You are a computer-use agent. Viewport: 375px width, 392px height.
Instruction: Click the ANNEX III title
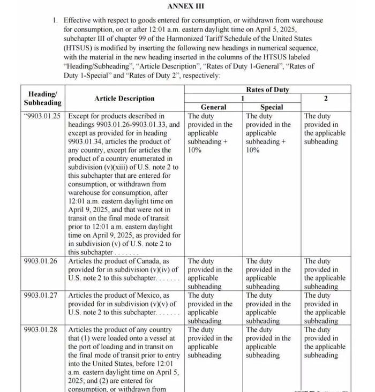click(186, 6)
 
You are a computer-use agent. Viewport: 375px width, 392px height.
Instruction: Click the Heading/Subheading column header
click(42, 98)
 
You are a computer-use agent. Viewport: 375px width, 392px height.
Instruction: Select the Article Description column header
click(124, 99)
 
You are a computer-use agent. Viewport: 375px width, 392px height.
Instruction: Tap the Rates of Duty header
click(267, 90)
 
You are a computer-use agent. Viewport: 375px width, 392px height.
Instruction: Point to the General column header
click(213, 107)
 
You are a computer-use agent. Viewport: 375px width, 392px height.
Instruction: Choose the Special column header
click(272, 107)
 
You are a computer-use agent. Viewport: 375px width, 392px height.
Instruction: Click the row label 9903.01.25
click(42, 116)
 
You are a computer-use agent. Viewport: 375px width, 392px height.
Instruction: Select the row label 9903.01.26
click(42, 261)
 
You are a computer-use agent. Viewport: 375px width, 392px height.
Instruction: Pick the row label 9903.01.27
click(42, 296)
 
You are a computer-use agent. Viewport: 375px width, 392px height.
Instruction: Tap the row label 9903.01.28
click(42, 330)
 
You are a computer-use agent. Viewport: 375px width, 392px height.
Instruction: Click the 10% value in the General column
click(194, 150)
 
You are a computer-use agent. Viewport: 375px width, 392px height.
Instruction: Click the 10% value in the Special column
click(252, 150)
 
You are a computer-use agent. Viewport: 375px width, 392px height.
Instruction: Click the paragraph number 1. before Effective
click(55, 20)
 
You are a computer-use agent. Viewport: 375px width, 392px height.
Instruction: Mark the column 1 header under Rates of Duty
click(242, 99)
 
